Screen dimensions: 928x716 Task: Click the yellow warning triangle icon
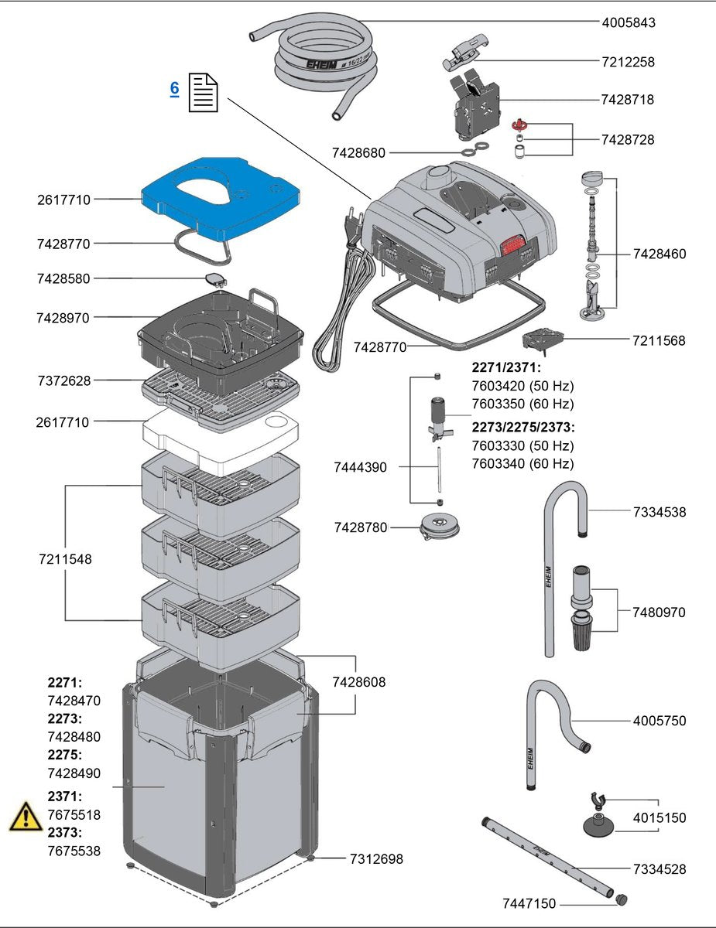pos(26,817)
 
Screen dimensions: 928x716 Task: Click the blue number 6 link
pos(174,88)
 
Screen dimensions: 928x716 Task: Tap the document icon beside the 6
pos(204,92)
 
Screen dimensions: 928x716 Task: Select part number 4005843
pos(628,22)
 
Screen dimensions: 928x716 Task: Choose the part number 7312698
pos(376,858)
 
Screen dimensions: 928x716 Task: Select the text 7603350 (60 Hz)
pos(522,404)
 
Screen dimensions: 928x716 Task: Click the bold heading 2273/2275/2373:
pos(522,427)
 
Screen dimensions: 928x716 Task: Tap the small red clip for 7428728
pos(520,124)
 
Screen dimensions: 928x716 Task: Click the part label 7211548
pos(65,558)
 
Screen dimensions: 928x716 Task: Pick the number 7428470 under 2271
pos(74,701)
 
